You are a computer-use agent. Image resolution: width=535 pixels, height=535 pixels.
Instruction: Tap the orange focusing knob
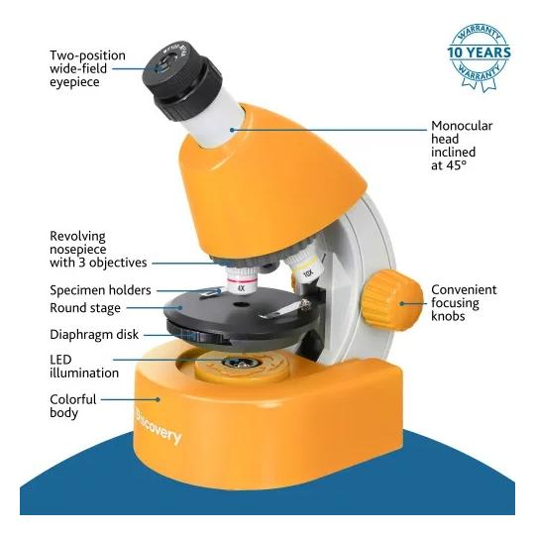[392, 300]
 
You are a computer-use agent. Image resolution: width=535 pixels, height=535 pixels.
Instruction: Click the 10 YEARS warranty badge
[480, 57]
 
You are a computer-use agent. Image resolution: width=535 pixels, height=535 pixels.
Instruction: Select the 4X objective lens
[241, 279]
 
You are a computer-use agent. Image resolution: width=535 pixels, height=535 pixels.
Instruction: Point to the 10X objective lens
[304, 267]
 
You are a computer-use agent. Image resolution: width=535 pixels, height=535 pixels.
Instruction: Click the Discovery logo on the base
[159, 426]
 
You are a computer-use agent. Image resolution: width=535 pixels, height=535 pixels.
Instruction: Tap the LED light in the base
[241, 363]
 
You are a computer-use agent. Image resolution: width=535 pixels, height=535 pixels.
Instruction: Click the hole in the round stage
[241, 304]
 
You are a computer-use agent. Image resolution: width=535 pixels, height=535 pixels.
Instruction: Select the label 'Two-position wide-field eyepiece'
[88, 68]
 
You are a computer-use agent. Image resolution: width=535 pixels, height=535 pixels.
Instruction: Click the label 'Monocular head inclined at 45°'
[462, 146]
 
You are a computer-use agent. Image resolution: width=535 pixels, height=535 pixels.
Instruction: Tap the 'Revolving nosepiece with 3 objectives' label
[98, 250]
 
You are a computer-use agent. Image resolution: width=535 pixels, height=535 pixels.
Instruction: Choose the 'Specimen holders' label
[100, 290]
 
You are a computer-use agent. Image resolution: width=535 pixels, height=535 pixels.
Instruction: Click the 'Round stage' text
[85, 308]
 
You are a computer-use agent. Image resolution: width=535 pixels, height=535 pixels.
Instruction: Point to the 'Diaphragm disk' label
[94, 335]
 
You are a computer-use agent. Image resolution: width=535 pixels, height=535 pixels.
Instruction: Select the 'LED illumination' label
[84, 367]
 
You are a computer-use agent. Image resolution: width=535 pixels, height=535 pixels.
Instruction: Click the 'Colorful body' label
[73, 406]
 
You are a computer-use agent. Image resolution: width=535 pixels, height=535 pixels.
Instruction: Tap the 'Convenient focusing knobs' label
[464, 303]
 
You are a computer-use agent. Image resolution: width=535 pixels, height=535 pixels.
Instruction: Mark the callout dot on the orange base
[158, 399]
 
